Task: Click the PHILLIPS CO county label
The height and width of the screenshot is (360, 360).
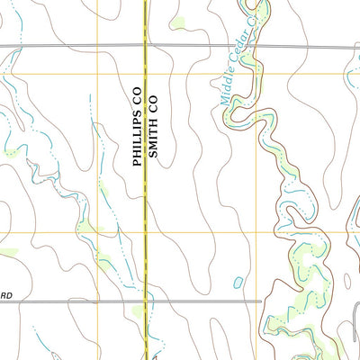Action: (137, 127)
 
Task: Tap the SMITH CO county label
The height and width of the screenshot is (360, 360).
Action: (153, 127)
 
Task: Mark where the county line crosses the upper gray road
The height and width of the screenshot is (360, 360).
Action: (146, 45)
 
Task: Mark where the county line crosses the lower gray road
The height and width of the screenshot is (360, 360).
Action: (146, 301)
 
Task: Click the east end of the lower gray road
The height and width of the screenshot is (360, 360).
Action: (260, 301)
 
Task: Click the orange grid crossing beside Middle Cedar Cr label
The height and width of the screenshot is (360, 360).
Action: (259, 74)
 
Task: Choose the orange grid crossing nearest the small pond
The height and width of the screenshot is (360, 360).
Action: (259, 233)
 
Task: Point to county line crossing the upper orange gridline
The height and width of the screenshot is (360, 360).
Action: (146, 74)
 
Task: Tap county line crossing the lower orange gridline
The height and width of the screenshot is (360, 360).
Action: (146, 233)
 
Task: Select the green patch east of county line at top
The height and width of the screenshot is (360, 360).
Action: (178, 22)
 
